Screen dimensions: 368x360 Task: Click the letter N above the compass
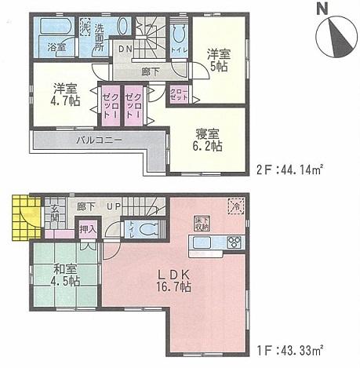pos(322,10)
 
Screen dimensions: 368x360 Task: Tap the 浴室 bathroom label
pos(56,46)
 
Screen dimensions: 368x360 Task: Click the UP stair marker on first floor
pos(114,206)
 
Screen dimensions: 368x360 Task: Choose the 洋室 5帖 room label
pos(218,60)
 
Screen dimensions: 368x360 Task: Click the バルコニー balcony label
pos(96,141)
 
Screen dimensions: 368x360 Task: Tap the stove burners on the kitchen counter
pos(233,241)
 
